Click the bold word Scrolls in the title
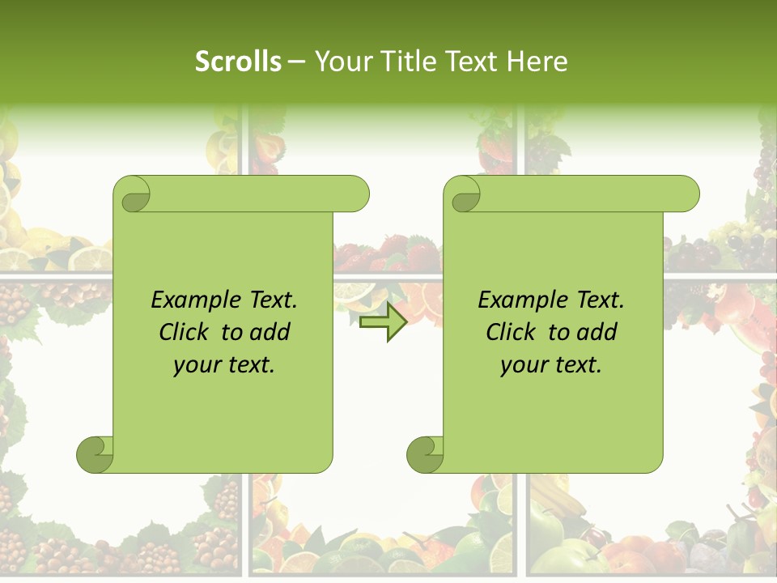(239, 62)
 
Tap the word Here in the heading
(537, 62)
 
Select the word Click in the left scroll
(186, 332)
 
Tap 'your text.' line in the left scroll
(224, 365)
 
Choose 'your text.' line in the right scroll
(551, 365)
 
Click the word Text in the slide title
(473, 62)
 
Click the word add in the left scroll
(270, 332)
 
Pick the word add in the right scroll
(597, 332)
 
